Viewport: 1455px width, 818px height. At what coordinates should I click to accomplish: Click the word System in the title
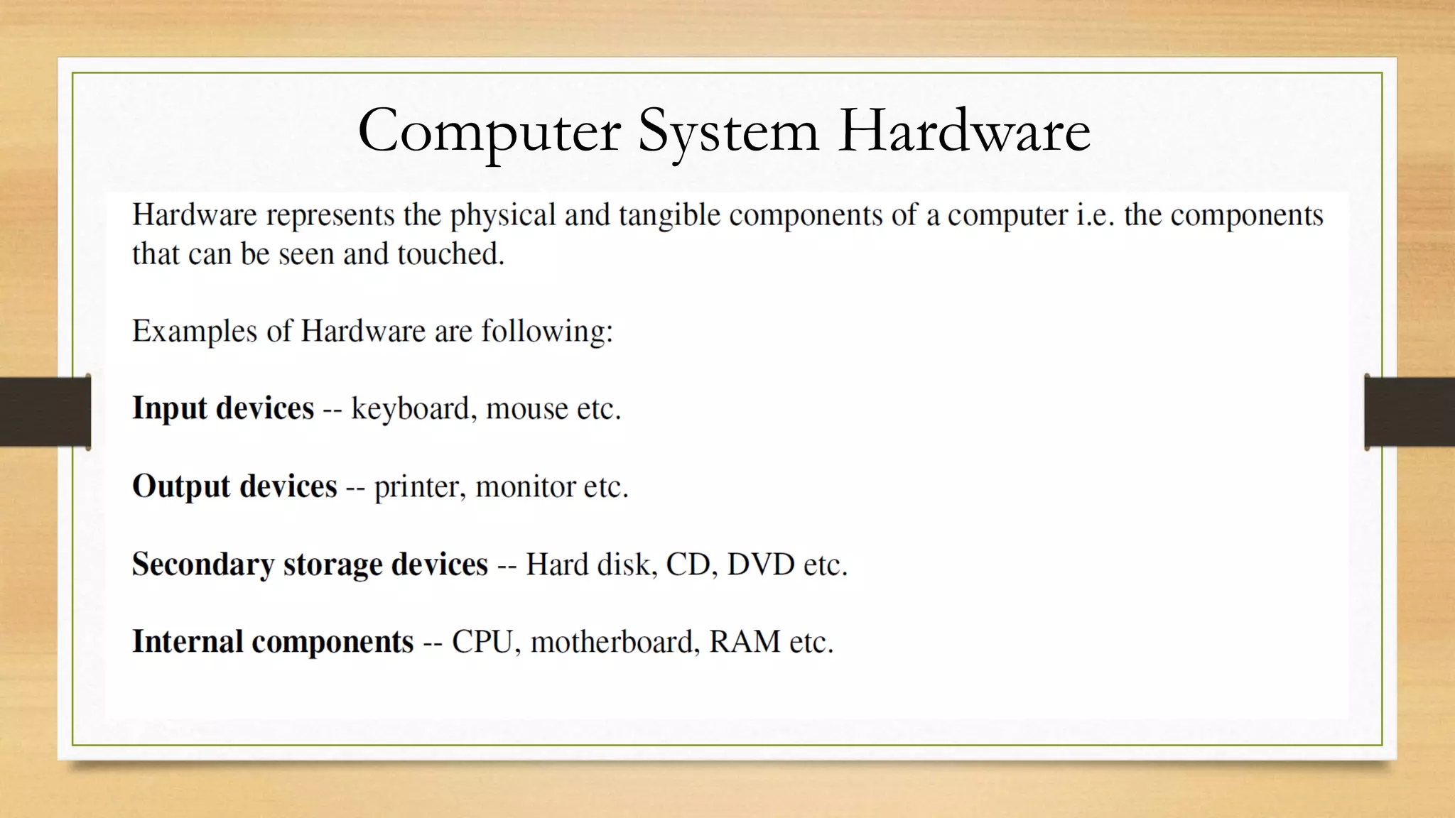[x=727, y=131]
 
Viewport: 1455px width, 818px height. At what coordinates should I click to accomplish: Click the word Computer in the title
[x=489, y=131]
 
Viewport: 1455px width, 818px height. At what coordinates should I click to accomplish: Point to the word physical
[x=502, y=215]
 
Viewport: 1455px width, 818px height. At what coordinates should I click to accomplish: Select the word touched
[x=450, y=254]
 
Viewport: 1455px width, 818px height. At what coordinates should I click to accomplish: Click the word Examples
[x=194, y=332]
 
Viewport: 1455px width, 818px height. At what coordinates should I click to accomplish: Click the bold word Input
[x=169, y=409]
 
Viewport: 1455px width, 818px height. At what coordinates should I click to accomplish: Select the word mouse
[x=526, y=409]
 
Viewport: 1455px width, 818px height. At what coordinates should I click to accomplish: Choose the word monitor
[x=525, y=487]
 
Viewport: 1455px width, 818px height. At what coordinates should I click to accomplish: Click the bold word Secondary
[x=202, y=565]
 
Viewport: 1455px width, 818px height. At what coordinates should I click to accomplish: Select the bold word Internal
[x=188, y=642]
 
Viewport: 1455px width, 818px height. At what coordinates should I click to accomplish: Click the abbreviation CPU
[x=482, y=642]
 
